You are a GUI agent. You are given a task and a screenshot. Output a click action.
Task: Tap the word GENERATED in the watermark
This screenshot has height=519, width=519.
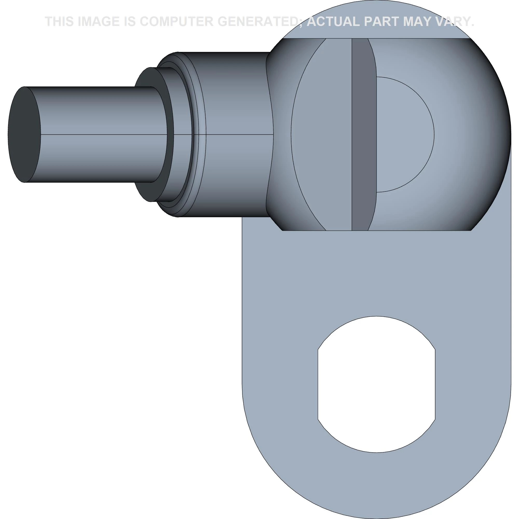click(x=259, y=22)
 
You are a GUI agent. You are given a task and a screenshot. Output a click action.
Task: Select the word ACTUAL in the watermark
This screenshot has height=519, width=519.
click(x=333, y=22)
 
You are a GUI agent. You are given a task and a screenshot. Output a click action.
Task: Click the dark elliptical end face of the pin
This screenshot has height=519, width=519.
click(x=24, y=134)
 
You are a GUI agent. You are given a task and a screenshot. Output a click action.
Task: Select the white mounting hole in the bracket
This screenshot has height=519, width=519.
click(x=376, y=384)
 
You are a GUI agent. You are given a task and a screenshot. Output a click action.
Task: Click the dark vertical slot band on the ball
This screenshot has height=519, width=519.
click(x=364, y=134)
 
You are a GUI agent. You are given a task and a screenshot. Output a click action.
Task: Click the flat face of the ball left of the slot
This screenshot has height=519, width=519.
click(x=322, y=134)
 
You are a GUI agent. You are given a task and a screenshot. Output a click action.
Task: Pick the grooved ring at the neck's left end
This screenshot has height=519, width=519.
click(x=197, y=134)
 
